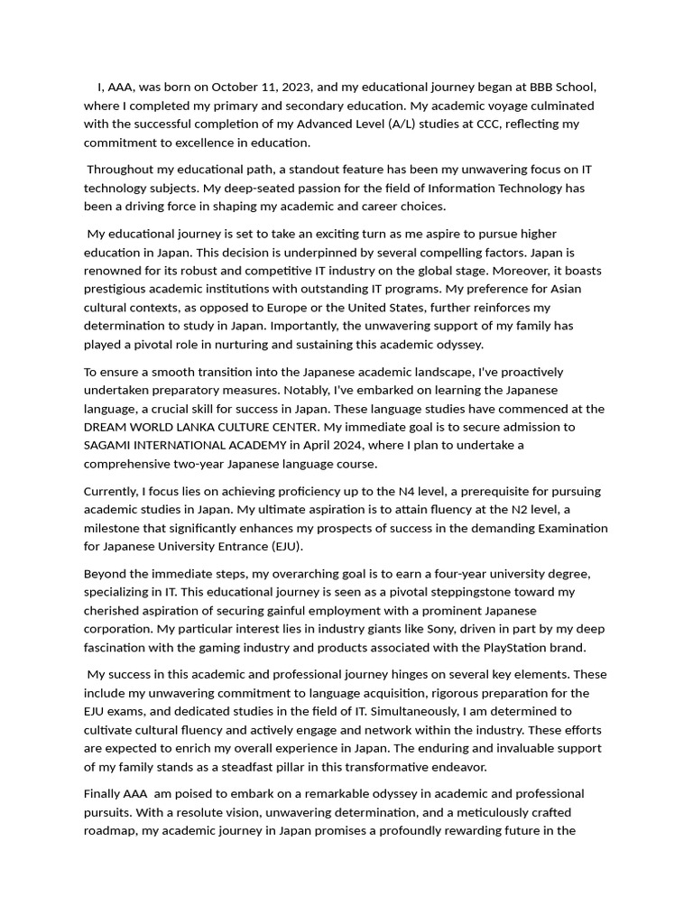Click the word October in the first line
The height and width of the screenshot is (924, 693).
pos(237,88)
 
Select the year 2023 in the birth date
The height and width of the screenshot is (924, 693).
pos(295,88)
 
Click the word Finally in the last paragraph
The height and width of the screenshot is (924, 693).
pos(101,794)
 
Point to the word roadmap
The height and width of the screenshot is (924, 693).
pos(109,831)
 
